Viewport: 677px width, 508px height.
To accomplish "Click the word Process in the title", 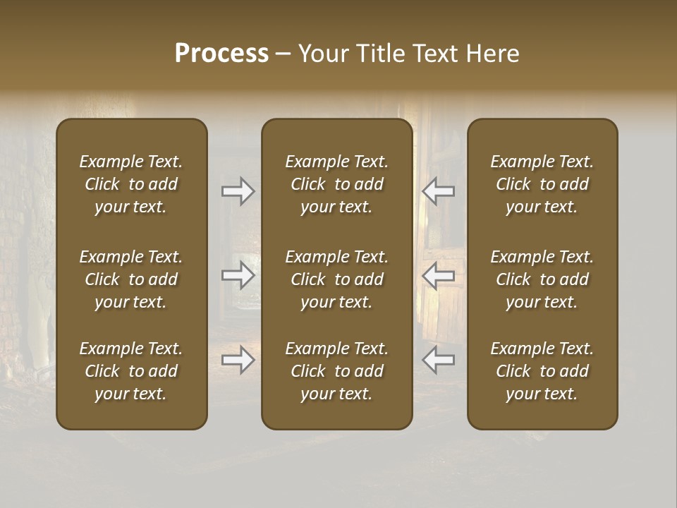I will pos(221,54).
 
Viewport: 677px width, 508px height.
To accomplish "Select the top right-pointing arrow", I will pos(238,191).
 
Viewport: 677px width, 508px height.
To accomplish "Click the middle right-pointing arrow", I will pos(238,275).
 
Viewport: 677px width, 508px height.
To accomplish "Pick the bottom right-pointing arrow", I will pos(238,360).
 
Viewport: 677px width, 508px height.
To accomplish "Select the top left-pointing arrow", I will pos(439,191).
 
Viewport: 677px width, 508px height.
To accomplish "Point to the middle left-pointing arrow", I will pos(439,275).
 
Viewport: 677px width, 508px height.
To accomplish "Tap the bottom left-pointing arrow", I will pos(439,360).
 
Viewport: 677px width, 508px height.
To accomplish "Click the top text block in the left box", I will pos(131,184).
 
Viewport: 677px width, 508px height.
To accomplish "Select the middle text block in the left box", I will pos(131,279).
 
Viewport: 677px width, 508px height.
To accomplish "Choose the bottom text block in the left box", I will pos(131,371).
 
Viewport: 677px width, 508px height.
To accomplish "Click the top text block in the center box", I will pos(336,184).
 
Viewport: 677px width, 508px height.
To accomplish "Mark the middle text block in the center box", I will pos(336,279).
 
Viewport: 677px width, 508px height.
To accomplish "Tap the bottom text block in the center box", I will pos(336,371).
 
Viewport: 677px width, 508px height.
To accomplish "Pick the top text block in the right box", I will pos(542,184).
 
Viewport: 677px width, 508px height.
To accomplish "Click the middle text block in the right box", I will pos(542,279).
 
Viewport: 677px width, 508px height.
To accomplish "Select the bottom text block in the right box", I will pos(542,371).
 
